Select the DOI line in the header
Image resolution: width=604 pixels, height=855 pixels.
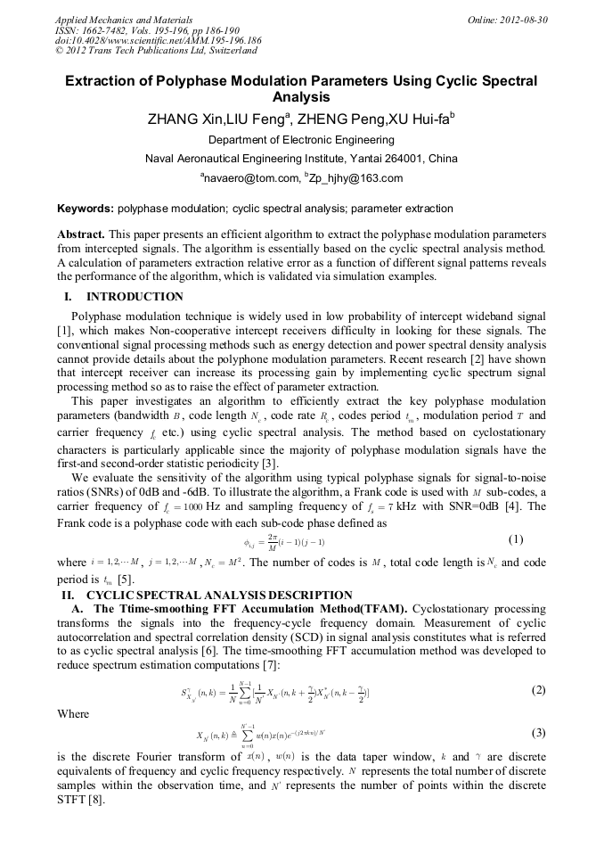158,41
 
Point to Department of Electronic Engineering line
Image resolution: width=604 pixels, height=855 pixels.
301,140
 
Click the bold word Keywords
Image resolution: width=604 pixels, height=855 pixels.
85,210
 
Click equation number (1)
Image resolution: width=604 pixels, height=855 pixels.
516,540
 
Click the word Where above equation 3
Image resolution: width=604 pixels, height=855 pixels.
73,714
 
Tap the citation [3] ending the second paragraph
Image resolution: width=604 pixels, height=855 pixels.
271,463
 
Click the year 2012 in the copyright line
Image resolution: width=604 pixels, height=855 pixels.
76,52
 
